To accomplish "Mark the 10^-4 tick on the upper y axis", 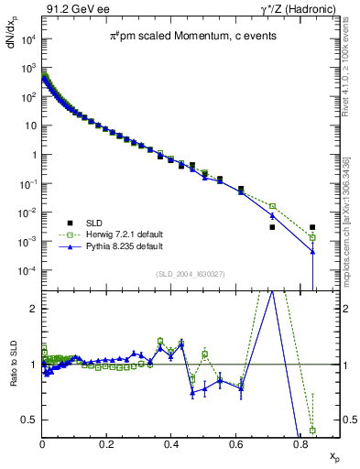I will click(28, 271).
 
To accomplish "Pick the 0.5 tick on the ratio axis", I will click(30, 420).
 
